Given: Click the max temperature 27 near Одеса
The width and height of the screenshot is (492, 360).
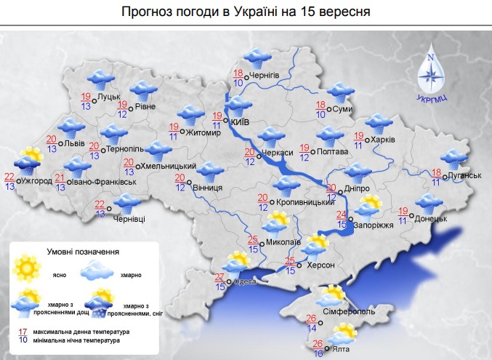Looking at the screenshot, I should pos(219,277).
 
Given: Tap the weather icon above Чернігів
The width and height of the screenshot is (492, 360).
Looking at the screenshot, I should pos(254,57).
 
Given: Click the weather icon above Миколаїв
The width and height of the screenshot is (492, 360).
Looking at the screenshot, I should pos(278,221).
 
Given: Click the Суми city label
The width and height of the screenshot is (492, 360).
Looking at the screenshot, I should pos(344,110).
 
